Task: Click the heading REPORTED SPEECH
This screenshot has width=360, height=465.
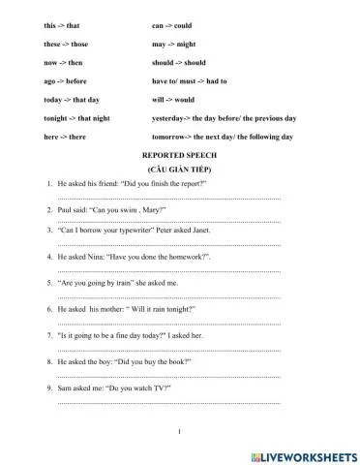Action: click(180, 155)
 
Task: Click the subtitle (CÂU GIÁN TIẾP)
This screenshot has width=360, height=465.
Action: click(180, 169)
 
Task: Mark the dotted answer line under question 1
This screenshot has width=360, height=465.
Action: click(169, 196)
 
